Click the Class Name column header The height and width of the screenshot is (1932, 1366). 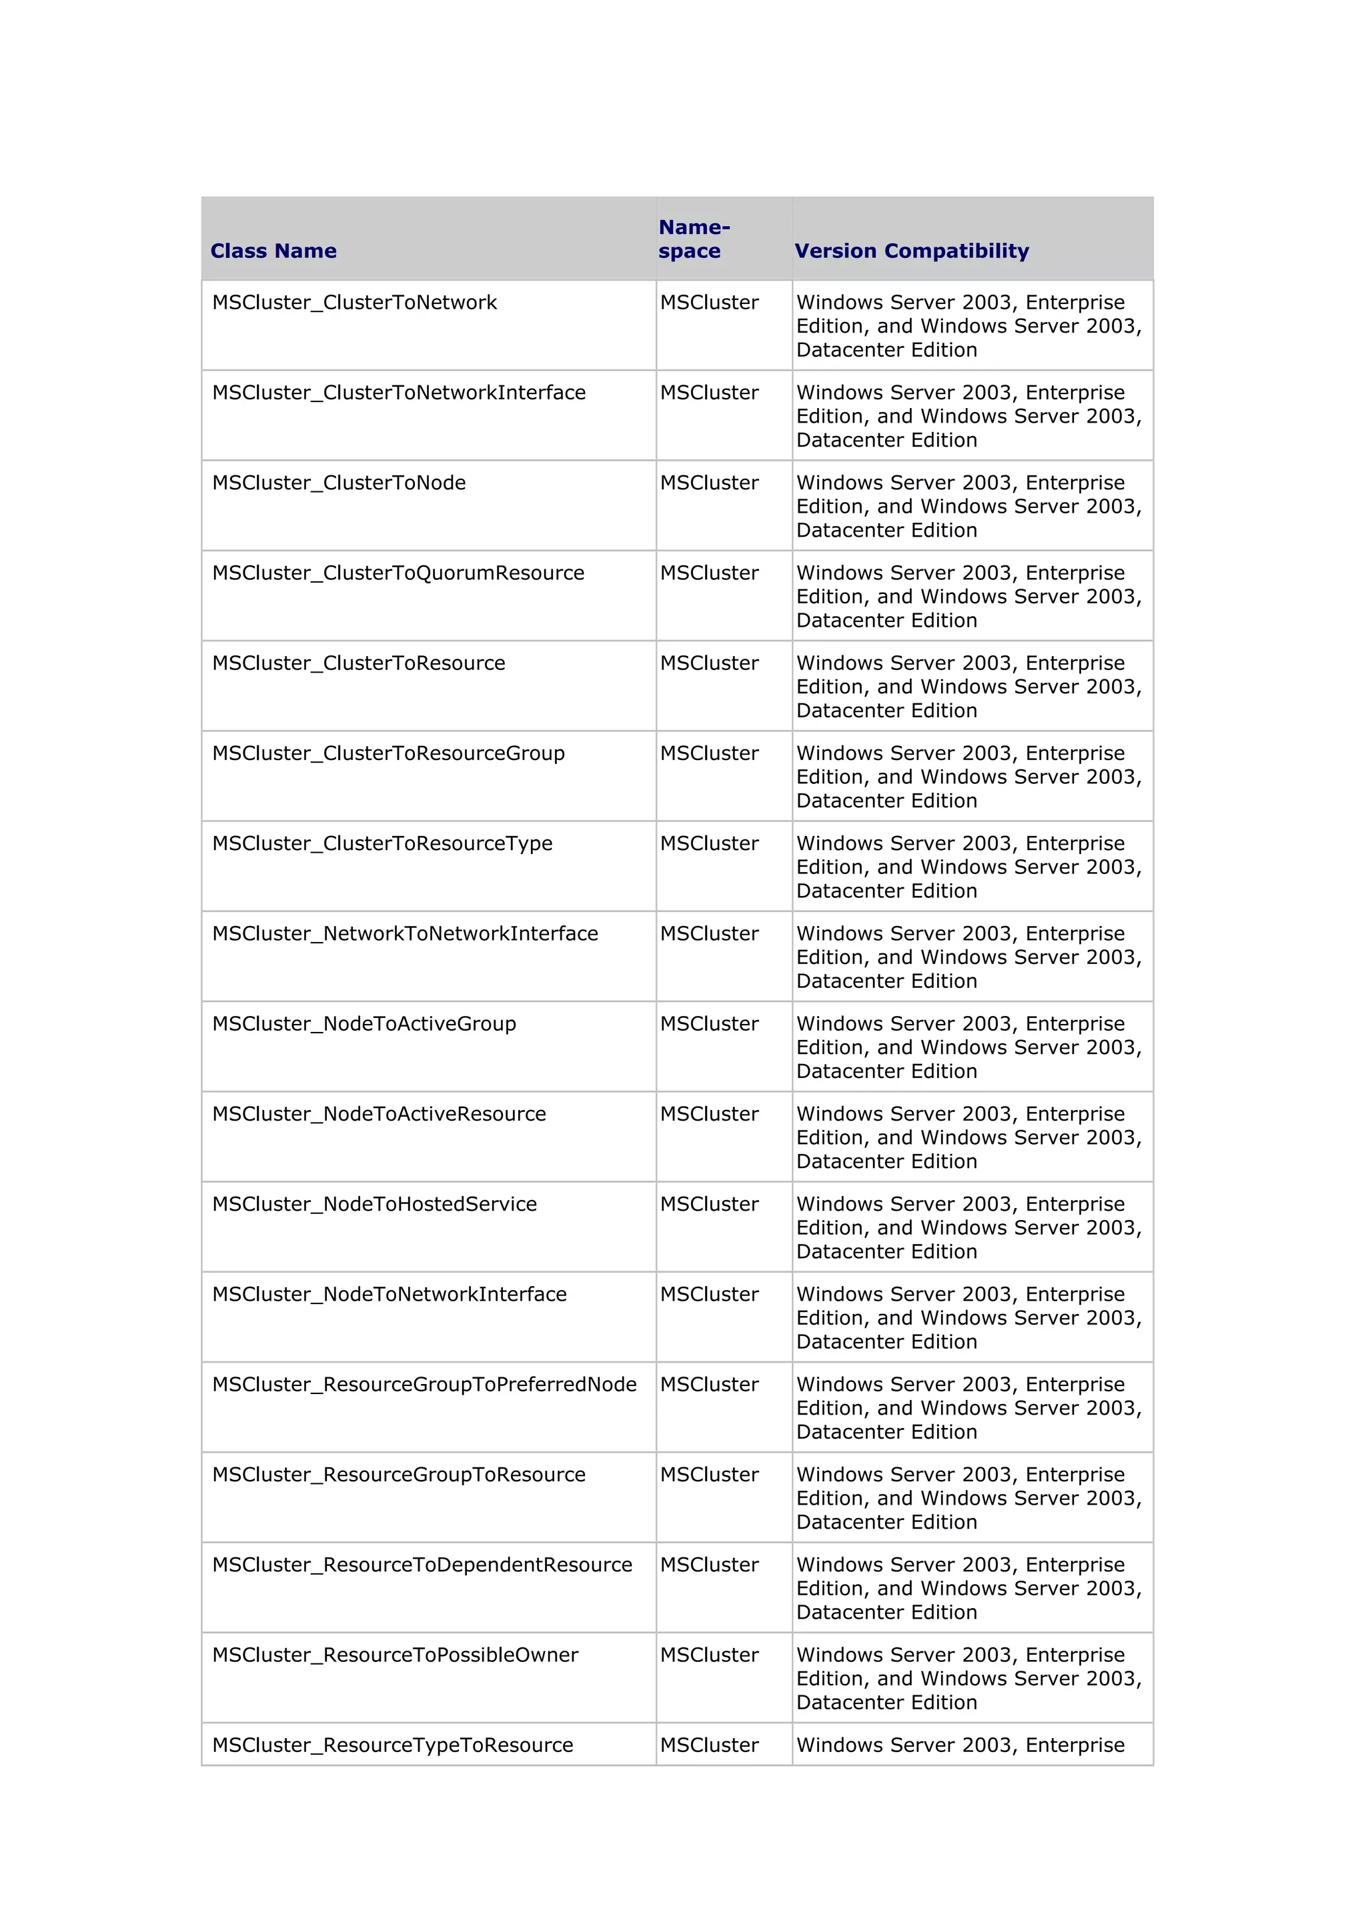[x=273, y=251]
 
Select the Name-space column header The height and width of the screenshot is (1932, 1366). [x=694, y=239]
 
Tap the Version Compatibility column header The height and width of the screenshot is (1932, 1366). [x=912, y=251]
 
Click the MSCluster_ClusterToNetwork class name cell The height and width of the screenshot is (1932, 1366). [x=354, y=302]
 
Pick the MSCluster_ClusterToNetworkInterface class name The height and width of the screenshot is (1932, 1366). [x=399, y=392]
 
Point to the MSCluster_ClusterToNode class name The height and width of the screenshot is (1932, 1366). [x=339, y=482]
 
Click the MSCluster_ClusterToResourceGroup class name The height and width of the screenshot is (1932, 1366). [x=389, y=753]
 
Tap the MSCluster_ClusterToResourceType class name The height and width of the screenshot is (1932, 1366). [x=383, y=843]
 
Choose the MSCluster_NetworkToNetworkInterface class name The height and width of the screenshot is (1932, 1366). [x=406, y=933]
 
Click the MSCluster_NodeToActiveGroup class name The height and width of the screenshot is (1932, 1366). [x=364, y=1023]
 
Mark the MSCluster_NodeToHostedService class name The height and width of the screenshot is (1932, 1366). [x=375, y=1203]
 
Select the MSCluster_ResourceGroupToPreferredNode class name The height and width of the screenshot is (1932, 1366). [x=425, y=1384]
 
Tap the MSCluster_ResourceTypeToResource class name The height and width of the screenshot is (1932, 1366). [x=393, y=1745]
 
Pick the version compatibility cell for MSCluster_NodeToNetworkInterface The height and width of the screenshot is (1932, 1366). [x=968, y=1318]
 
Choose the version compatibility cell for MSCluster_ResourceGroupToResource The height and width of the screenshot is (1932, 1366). [x=968, y=1498]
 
